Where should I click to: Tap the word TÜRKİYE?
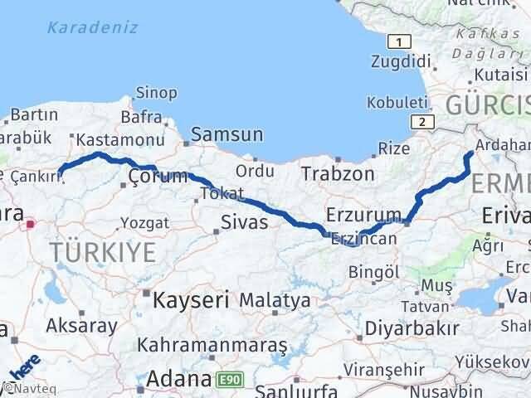click(x=102, y=251)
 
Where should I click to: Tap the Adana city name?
click(x=178, y=380)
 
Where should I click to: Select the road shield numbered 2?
click(x=423, y=121)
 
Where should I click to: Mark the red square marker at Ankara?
click(x=32, y=223)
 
